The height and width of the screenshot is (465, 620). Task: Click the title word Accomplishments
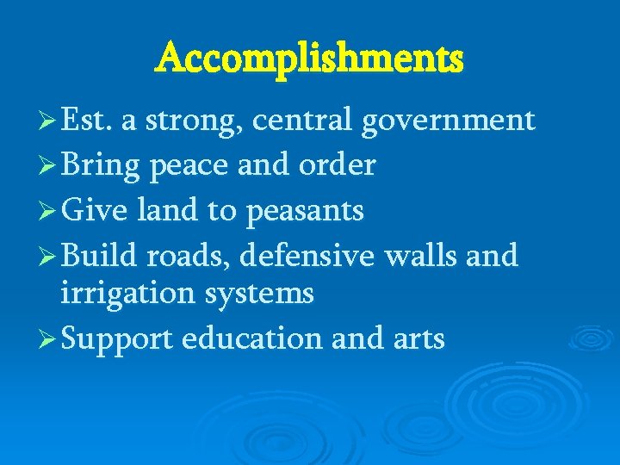309,59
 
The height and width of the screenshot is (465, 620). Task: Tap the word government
448,121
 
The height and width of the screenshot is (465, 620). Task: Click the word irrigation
128,294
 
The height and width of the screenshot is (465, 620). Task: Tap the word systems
259,294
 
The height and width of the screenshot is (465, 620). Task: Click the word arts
417,338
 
